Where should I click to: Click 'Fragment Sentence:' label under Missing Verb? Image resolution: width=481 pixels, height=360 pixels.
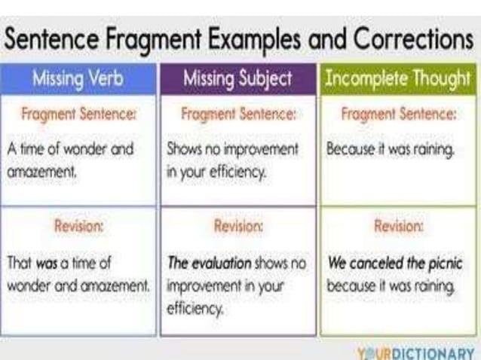[78, 116]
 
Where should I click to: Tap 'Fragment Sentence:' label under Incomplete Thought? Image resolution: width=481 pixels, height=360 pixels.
[397, 116]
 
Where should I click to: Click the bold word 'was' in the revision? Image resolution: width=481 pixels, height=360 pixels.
[48, 264]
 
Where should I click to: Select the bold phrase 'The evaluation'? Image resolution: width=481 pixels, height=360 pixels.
[209, 264]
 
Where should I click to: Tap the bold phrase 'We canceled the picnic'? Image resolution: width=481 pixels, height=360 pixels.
[394, 264]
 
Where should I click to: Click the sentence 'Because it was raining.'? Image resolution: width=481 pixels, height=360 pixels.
[390, 150]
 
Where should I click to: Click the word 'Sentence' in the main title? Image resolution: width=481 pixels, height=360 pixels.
[54, 38]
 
